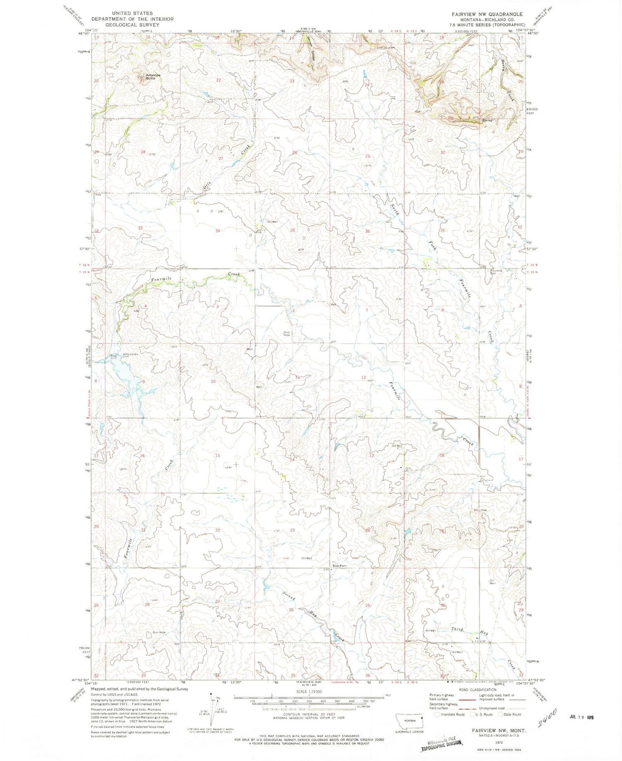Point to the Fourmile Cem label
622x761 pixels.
(496, 272)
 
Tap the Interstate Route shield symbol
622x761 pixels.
(437, 715)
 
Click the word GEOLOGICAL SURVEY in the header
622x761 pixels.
(126, 24)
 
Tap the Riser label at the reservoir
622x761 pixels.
(114, 356)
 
